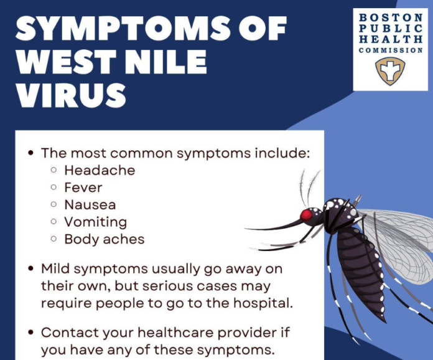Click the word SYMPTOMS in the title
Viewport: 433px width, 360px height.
[123, 28]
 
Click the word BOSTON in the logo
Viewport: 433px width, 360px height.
[391, 17]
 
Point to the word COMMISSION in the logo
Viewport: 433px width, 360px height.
[391, 50]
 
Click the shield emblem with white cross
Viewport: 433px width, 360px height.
[390, 71]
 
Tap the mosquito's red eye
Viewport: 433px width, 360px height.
[306, 215]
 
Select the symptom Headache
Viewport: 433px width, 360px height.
[100, 170]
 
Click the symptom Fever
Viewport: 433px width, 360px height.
[83, 187]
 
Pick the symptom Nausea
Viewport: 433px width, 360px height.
[90, 205]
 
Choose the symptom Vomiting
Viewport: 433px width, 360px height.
[96, 222]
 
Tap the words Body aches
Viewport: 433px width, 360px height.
[105, 239]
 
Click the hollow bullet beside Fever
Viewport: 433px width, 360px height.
[54, 187]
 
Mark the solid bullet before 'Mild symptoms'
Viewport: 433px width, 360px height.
[31, 268]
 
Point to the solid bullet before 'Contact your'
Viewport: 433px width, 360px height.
[31, 332]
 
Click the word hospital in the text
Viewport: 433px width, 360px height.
[263, 303]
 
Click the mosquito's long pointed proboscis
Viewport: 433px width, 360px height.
[273, 225]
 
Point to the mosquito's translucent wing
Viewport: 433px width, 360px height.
[401, 244]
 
